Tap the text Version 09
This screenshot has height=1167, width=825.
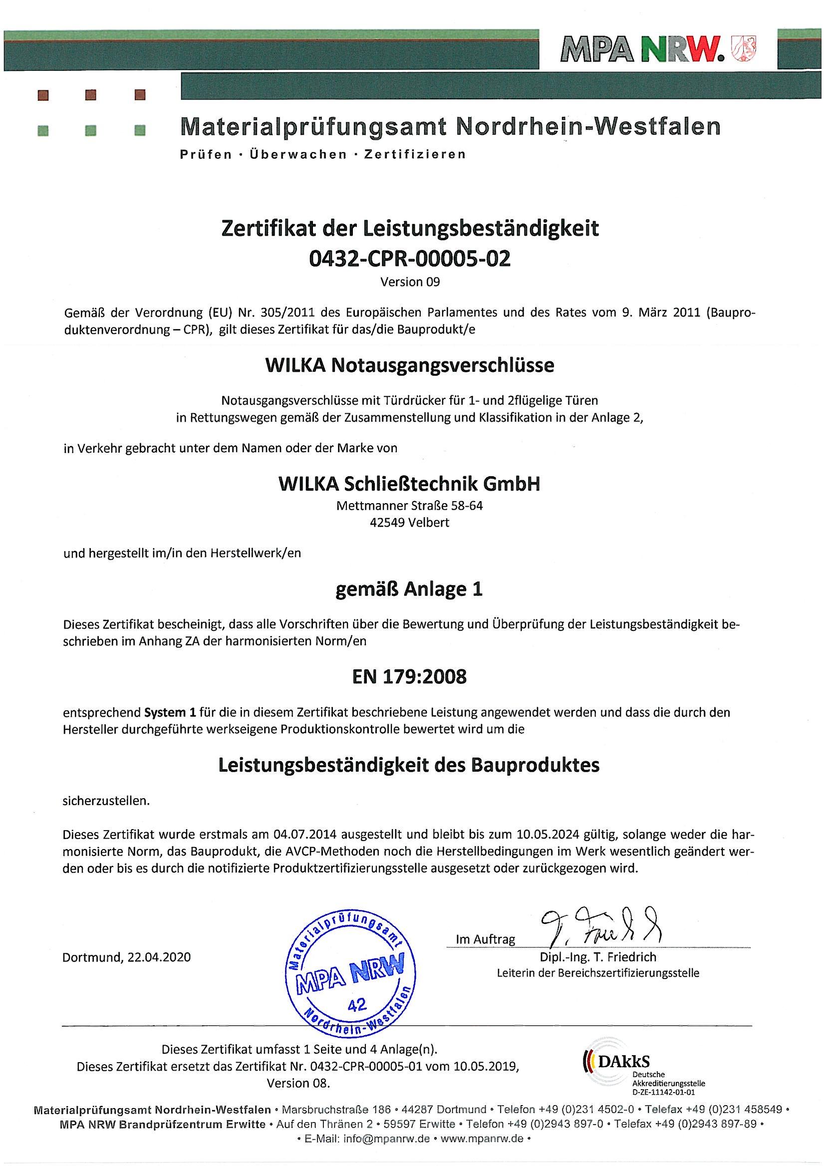coord(410,282)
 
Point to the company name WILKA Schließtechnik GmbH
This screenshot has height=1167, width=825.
coord(409,484)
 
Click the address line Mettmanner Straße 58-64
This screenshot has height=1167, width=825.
coord(410,506)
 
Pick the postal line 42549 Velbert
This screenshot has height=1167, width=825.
coord(410,523)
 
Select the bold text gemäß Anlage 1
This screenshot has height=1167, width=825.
coord(410,589)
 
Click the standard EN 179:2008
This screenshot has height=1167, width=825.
coord(410,677)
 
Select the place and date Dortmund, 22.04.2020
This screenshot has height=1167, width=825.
coord(127,957)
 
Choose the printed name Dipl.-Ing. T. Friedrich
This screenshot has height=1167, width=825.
coord(598,957)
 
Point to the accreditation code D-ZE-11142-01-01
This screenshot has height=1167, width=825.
coord(663,1091)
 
